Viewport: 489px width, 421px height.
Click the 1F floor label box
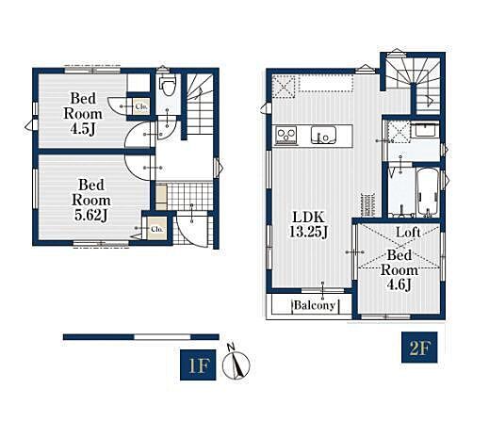[x=198, y=364]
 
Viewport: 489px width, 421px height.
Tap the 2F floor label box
[x=419, y=348]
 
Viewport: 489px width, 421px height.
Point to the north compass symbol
[x=236, y=363]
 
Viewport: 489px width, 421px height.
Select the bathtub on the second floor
[x=428, y=192]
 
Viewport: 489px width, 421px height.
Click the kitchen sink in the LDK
[x=323, y=135]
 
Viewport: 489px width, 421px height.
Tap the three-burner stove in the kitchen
[x=286, y=136]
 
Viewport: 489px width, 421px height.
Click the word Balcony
[x=315, y=305]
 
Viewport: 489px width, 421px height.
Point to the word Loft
[x=408, y=233]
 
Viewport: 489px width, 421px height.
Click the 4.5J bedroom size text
[x=83, y=129]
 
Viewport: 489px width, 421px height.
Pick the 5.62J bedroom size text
[x=91, y=215]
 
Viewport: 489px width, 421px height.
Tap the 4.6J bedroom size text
[x=399, y=285]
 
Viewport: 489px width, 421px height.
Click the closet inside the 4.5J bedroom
[x=140, y=106]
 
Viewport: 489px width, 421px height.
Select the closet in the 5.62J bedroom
[x=156, y=229]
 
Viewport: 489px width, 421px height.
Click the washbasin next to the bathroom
[x=425, y=130]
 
